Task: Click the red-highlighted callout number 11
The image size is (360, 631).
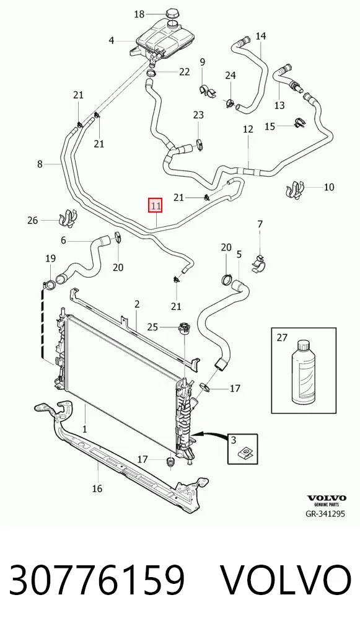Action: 156,206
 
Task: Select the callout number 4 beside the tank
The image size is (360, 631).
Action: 112,40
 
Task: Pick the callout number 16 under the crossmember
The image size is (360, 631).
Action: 97,488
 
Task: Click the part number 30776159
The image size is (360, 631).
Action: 97,580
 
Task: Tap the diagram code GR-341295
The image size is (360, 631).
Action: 325,513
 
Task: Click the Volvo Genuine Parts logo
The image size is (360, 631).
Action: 327,501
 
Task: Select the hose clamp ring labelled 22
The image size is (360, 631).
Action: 152,73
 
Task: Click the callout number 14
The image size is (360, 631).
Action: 261,36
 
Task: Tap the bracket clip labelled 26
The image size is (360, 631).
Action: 68,218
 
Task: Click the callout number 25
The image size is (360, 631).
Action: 152,327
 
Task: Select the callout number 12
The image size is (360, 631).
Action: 248,129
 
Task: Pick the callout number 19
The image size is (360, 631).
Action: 50,258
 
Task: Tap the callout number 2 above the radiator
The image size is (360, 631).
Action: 137,304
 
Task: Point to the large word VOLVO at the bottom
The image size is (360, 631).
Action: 286,580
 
